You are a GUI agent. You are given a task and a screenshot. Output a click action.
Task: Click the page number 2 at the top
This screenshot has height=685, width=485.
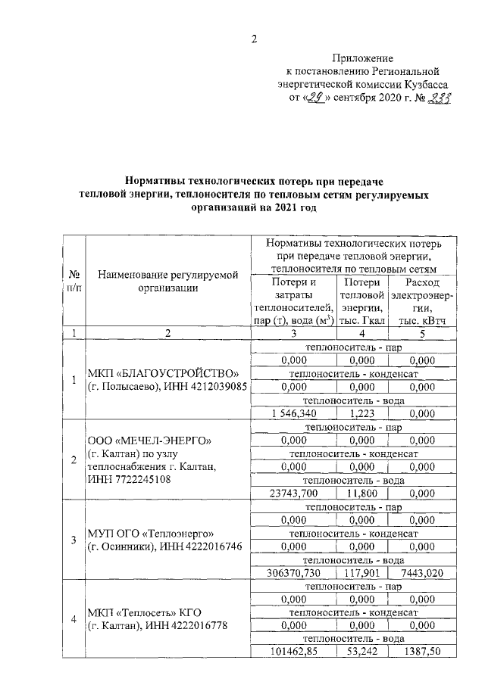tap(255, 39)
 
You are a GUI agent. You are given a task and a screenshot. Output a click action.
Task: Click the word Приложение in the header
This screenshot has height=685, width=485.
tap(363, 58)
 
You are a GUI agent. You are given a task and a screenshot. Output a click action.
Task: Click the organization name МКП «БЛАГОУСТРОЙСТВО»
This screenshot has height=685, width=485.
tap(163, 374)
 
